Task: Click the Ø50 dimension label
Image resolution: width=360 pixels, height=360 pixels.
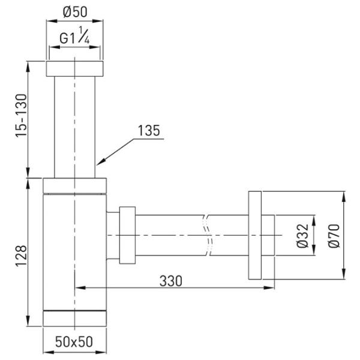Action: (75, 12)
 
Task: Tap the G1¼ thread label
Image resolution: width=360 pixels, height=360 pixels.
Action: (74, 35)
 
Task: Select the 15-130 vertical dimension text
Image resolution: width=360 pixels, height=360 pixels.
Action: (22, 115)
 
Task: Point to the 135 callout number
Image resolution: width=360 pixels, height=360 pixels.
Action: (149, 131)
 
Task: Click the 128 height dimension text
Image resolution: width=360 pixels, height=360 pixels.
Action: (22, 256)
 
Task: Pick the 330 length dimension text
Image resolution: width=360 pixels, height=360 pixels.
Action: (171, 281)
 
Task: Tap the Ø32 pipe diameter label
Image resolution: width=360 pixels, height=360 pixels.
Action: (302, 236)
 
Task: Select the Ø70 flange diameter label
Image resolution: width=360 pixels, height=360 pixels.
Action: (334, 236)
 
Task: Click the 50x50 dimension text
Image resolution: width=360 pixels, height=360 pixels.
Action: (74, 341)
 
